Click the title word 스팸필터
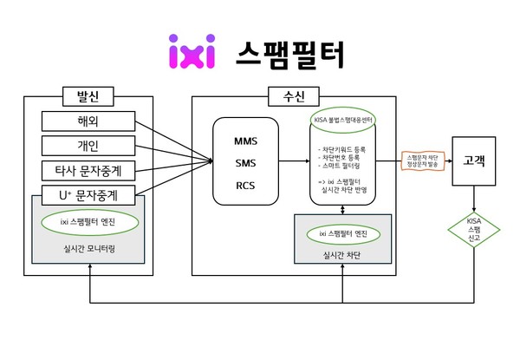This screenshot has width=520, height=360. click(289, 53)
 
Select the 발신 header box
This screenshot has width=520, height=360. click(88, 95)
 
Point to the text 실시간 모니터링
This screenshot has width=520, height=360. click(88, 248)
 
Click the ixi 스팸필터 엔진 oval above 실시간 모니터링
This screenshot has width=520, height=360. click(88, 222)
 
